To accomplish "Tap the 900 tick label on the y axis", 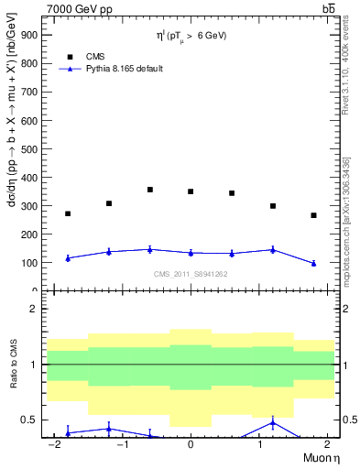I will [x=30, y=34].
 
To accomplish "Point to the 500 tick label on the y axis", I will [x=30, y=148].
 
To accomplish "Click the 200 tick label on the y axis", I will [x=30, y=234].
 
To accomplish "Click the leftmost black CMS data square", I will [x=68, y=213].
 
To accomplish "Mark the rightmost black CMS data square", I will [x=313, y=215].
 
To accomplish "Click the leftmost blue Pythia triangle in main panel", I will [x=68, y=258].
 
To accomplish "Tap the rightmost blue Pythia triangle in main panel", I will [x=313, y=263].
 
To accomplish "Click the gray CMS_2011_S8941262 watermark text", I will [x=191, y=274].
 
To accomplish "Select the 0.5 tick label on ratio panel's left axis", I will [x=30, y=420].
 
